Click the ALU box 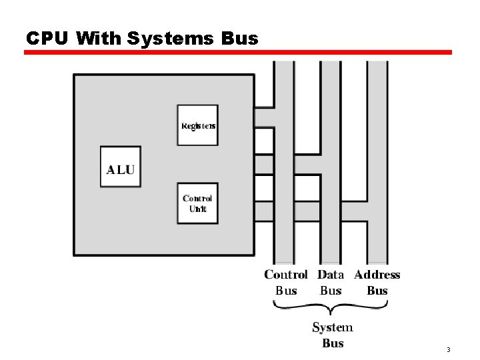[x=121, y=167]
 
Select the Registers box [x=197, y=125]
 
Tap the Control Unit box [x=197, y=203]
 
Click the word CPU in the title [x=47, y=39]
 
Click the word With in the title [x=99, y=39]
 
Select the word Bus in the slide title [x=237, y=39]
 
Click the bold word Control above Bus [x=286, y=275]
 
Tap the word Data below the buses [x=331, y=275]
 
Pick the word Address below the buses [x=377, y=275]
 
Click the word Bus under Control [x=286, y=291]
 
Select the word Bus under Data [x=331, y=291]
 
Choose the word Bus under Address [x=377, y=291]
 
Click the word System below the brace [x=333, y=327]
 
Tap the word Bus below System [x=333, y=343]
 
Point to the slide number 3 [x=449, y=350]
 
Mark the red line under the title [x=238, y=52]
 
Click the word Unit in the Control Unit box [x=198, y=209]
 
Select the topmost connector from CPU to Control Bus [x=264, y=117]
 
